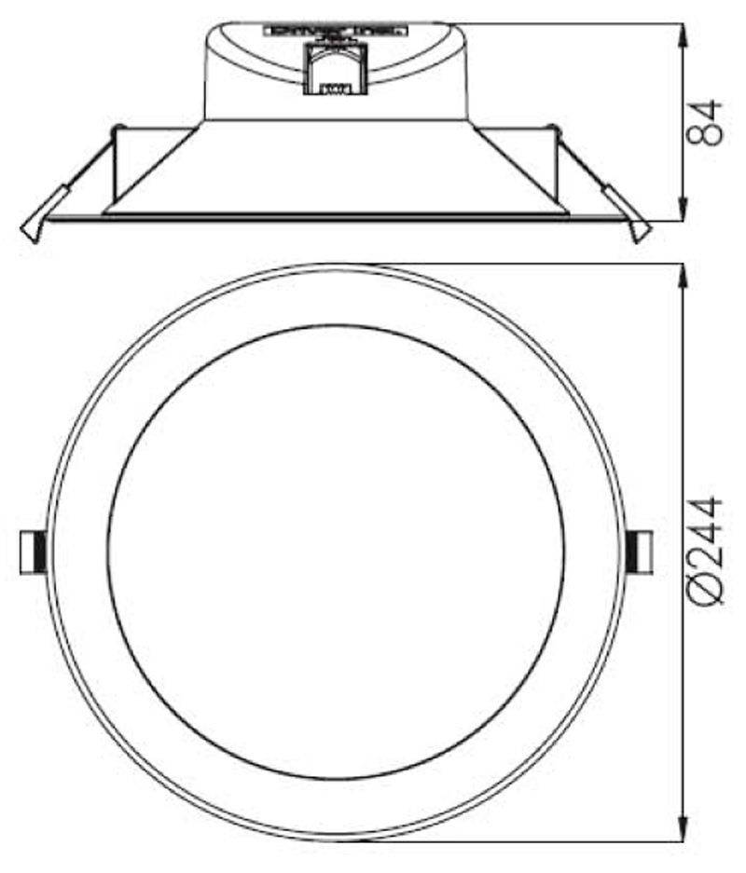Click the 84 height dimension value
[x=706, y=122]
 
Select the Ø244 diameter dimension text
[x=706, y=552]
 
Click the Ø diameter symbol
[x=706, y=594]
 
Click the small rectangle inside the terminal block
[x=333, y=90]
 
